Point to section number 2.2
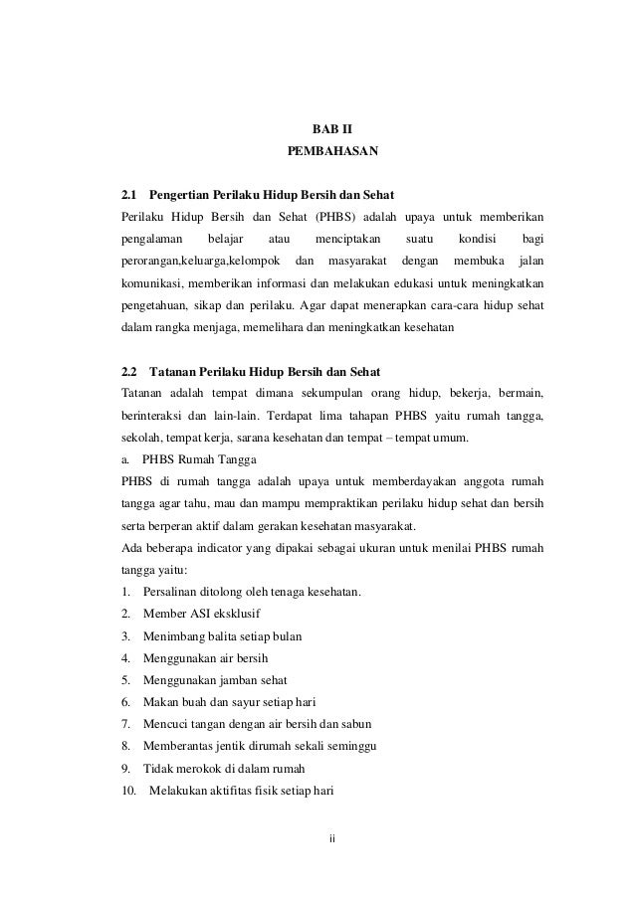(128, 372)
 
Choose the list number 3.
(125, 636)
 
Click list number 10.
(128, 792)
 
